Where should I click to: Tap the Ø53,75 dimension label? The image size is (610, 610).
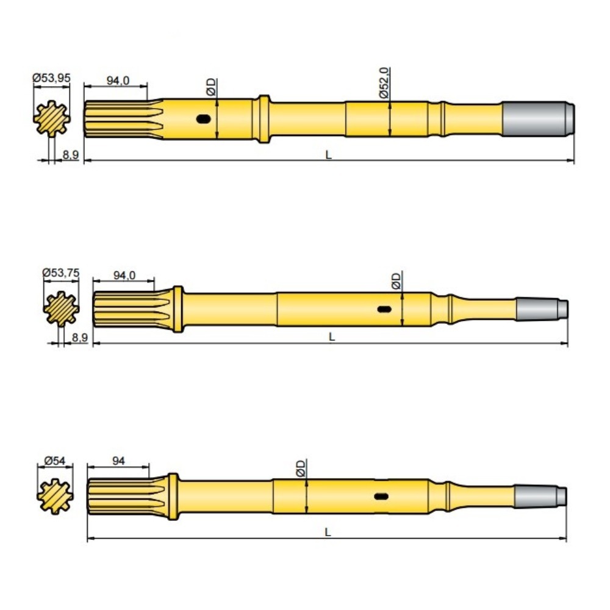(61, 273)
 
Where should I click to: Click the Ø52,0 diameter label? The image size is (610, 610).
(384, 84)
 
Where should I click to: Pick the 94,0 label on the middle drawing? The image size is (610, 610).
(124, 276)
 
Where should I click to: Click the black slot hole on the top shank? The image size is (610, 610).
(204, 119)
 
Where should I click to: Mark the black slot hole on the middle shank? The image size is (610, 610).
(384, 309)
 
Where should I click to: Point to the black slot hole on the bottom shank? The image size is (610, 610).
(381, 497)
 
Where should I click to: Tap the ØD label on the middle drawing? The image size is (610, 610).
(396, 281)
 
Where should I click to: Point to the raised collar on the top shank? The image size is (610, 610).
(262, 119)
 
